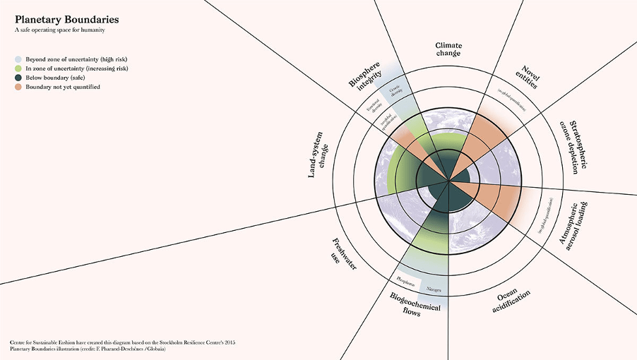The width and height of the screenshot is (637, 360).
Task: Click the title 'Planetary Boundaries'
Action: (x=62, y=20)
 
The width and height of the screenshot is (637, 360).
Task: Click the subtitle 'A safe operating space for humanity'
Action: (x=60, y=31)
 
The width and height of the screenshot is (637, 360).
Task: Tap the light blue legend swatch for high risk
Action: (x=19, y=60)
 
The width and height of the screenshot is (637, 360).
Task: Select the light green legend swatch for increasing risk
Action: (x=19, y=68)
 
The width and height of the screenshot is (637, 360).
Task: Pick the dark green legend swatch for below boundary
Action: (x=19, y=78)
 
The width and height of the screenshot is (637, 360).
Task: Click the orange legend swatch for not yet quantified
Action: (x=19, y=87)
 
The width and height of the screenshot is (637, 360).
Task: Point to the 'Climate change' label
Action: (x=448, y=49)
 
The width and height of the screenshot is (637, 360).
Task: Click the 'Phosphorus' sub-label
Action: (x=405, y=282)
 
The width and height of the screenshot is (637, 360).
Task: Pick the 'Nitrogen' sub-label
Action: (x=432, y=289)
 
